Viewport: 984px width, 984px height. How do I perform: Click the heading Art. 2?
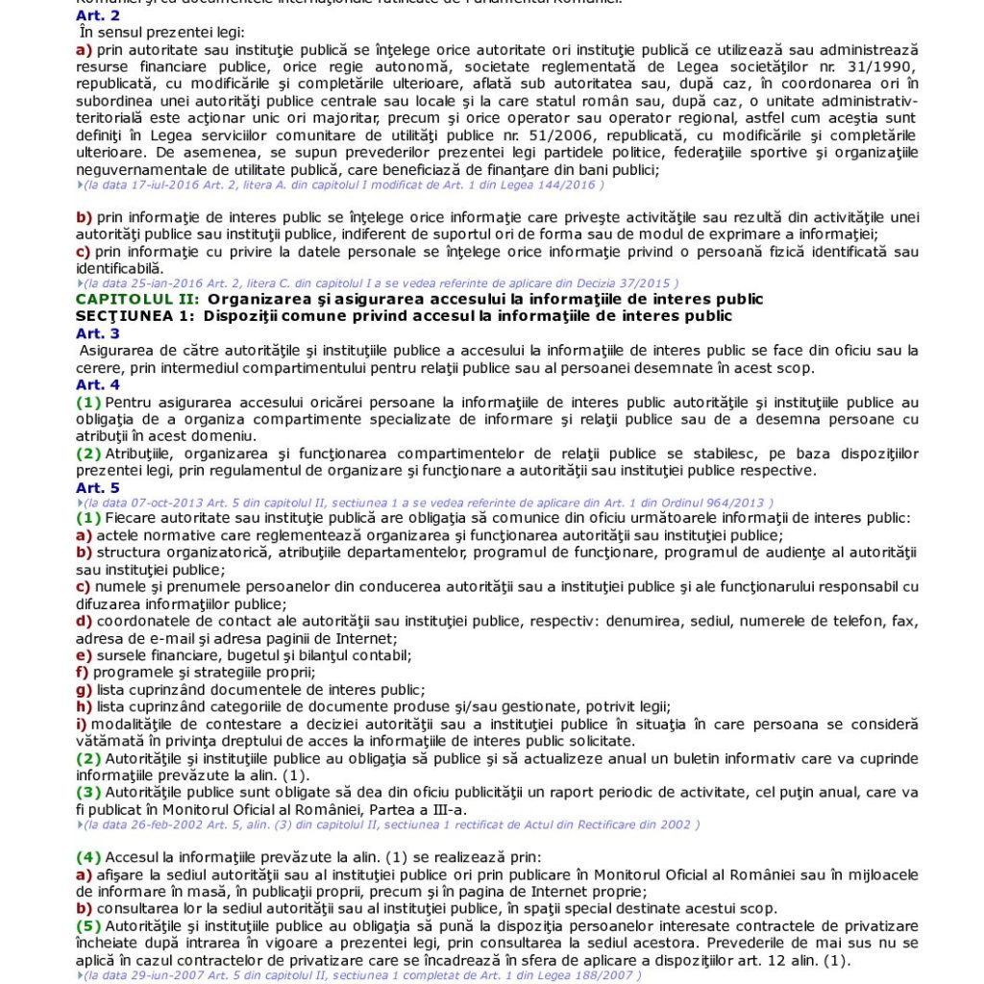(97, 16)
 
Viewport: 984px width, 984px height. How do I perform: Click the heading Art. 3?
(97, 333)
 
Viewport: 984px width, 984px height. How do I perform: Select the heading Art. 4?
(97, 384)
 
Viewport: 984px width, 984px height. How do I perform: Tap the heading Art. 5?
(97, 487)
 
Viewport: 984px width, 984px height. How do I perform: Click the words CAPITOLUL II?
(136, 299)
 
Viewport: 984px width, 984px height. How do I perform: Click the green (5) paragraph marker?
(88, 925)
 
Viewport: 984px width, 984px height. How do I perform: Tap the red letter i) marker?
(81, 723)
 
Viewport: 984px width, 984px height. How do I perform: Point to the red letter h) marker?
(84, 705)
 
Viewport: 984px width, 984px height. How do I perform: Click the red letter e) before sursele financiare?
(84, 654)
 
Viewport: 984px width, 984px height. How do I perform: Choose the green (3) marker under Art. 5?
(88, 792)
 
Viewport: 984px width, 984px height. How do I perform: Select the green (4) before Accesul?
(88, 857)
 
